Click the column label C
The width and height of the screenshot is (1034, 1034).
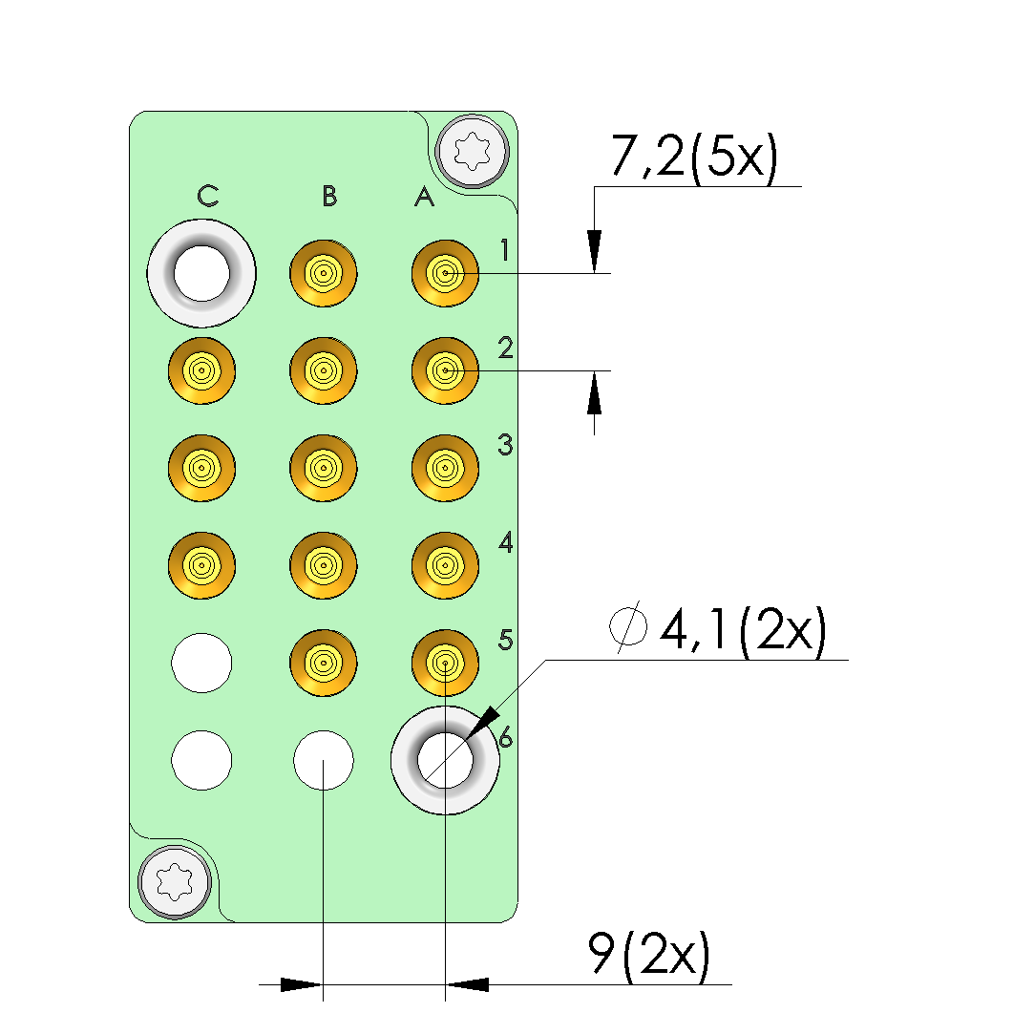208,197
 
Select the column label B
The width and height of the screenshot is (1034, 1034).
329,197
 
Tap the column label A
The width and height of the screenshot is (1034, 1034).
425,198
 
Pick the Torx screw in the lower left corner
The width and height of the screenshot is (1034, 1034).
175,882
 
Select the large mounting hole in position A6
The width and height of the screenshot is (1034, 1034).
445,760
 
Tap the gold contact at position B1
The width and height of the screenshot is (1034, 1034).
324,273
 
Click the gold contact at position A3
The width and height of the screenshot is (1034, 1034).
445,467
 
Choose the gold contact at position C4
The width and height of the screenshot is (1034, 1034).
201,565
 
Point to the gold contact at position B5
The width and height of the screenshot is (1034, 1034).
324,662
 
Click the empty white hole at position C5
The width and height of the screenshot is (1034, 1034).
201,662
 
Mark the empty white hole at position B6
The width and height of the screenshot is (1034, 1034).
324,760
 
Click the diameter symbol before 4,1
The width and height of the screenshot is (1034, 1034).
629,630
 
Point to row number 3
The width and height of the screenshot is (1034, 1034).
505,445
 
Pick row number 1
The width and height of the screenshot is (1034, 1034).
505,250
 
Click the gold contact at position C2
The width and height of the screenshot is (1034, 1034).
201,370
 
